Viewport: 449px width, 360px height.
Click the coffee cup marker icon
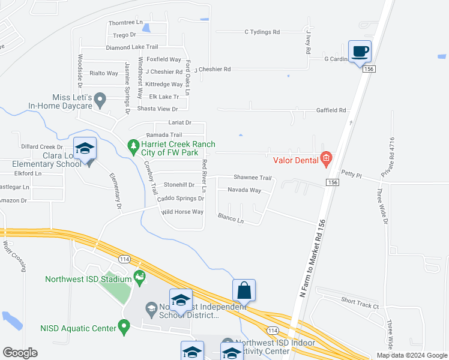tap(360, 51)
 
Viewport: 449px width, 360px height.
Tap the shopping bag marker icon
tap(244, 290)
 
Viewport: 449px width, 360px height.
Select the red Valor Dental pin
tap(326, 159)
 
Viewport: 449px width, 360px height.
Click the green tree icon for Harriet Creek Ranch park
tap(133, 145)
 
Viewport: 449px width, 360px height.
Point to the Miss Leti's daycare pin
tap(100, 98)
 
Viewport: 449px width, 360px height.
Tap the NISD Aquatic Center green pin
tap(124, 328)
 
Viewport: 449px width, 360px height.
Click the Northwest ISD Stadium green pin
tap(140, 277)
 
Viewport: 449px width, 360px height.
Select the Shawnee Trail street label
tap(253, 178)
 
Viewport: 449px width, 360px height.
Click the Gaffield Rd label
tap(331, 110)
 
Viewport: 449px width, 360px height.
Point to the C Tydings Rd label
tap(262, 32)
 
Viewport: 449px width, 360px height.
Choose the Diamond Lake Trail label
tap(131, 47)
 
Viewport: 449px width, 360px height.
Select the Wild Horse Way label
tap(182, 212)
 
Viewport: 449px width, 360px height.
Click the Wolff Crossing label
tap(15, 256)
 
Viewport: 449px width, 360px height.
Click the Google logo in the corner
tap(20, 353)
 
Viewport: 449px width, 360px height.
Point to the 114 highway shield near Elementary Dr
tap(124, 259)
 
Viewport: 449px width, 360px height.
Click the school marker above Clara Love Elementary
tap(85, 148)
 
